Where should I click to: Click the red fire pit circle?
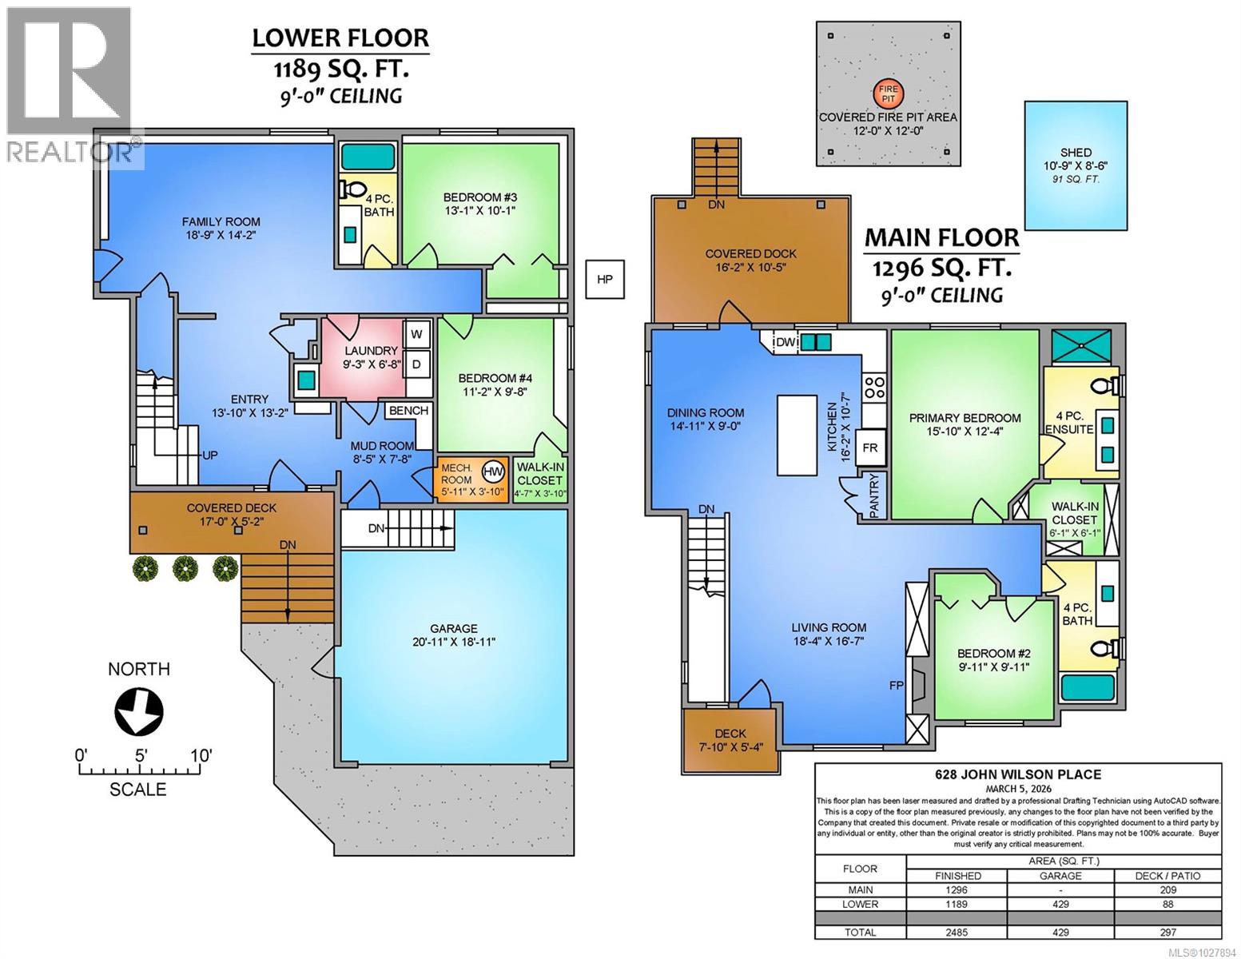(888, 94)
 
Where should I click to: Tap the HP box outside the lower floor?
(604, 279)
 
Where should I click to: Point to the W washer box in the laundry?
(416, 334)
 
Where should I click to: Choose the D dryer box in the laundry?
(416, 364)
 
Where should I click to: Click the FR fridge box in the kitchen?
(869, 448)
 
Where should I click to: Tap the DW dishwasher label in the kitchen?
(786, 342)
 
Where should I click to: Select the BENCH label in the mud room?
(409, 411)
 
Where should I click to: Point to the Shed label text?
(1076, 153)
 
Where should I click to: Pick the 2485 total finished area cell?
(957, 933)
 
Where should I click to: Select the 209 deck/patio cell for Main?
(1167, 889)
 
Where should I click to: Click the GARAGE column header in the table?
(1060, 875)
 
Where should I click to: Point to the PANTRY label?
(873, 495)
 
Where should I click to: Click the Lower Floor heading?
(340, 38)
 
